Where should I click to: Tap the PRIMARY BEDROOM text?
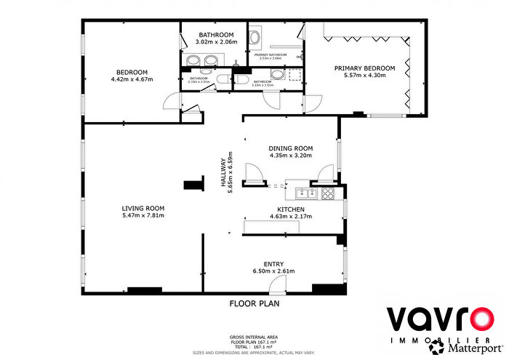click(364, 68)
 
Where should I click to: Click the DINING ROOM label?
click(290, 147)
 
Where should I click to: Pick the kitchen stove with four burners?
click(328, 193)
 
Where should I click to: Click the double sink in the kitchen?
click(305, 193)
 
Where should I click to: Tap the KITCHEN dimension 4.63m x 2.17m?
click(290, 215)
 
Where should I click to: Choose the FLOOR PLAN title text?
click(254, 303)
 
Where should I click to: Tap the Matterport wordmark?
click(465, 348)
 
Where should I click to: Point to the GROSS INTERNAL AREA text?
click(253, 337)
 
